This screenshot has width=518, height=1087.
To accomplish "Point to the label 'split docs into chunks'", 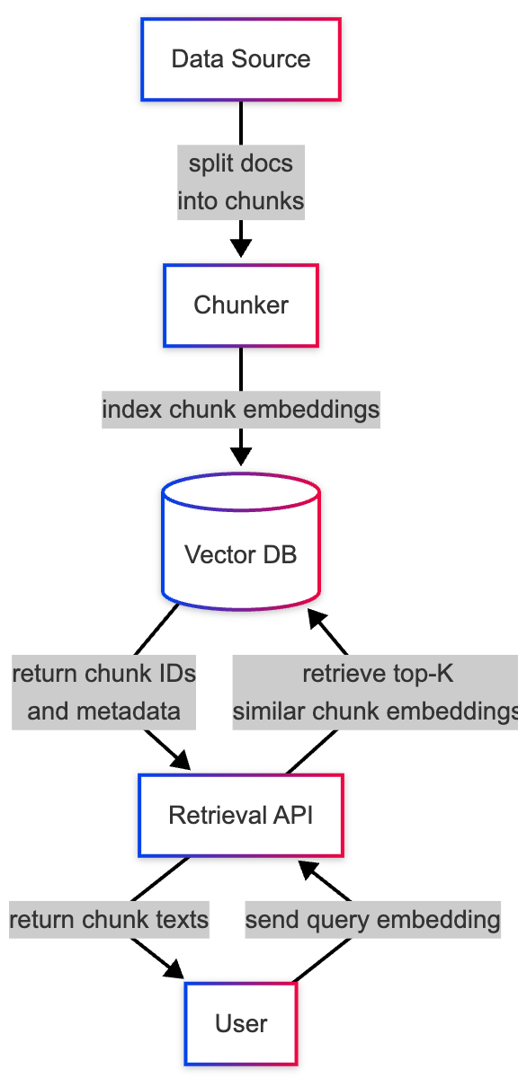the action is (241, 182).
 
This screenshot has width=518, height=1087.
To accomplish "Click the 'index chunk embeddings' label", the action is (241, 410).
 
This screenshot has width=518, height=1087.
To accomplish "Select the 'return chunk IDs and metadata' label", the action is (104, 693).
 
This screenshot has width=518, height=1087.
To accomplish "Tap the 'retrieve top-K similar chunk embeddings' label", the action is (376, 693).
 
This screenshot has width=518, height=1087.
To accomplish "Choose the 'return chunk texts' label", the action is (109, 920).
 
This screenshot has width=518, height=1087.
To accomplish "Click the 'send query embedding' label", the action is (372, 920).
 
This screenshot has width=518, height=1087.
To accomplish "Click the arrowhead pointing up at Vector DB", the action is (317, 620).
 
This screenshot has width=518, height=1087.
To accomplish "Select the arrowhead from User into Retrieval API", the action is (309, 870).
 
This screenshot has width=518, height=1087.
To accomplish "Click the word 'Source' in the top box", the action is (271, 59).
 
